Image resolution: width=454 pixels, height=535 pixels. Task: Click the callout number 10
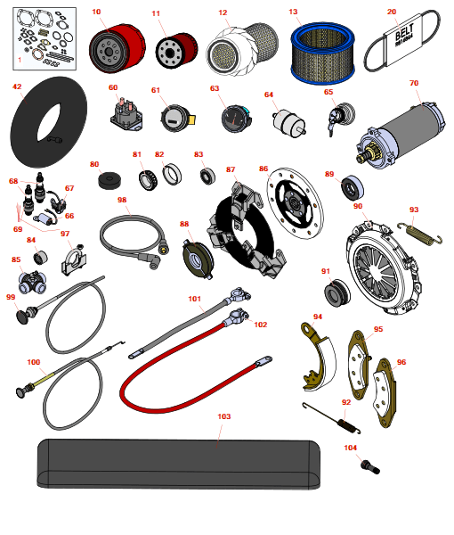96,12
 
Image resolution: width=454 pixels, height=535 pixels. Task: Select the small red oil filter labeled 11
176,50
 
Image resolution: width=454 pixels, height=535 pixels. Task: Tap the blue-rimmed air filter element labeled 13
322,53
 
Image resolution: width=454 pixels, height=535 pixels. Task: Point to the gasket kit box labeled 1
45,39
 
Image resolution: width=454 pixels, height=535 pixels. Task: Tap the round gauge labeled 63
236,119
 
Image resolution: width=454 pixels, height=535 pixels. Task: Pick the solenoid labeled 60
126,114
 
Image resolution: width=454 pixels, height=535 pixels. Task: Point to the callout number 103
224,416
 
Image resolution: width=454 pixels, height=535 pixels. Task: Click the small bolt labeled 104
369,466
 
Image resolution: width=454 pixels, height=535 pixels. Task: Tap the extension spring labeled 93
420,234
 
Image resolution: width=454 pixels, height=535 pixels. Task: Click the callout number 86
263,169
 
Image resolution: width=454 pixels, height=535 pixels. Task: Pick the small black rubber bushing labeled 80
109,180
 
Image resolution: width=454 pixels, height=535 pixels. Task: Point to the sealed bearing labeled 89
353,187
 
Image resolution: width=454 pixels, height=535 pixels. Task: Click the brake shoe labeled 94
319,357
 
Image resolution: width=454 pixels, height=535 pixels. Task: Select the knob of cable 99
23,317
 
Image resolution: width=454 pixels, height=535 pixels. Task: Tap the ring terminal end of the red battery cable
264,360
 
